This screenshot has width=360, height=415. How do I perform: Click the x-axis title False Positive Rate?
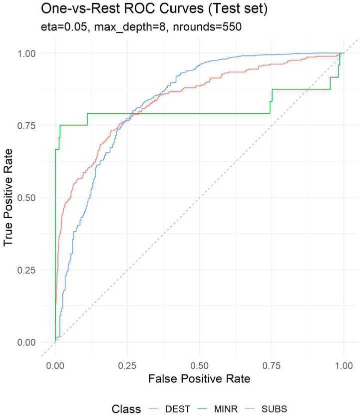click(x=199, y=379)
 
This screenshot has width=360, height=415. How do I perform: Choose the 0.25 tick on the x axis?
click(x=127, y=365)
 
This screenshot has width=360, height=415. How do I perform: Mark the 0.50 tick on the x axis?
click(x=199, y=365)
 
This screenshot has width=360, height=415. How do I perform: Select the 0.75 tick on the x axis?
click(x=272, y=365)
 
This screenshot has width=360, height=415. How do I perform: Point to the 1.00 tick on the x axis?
click(x=344, y=365)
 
